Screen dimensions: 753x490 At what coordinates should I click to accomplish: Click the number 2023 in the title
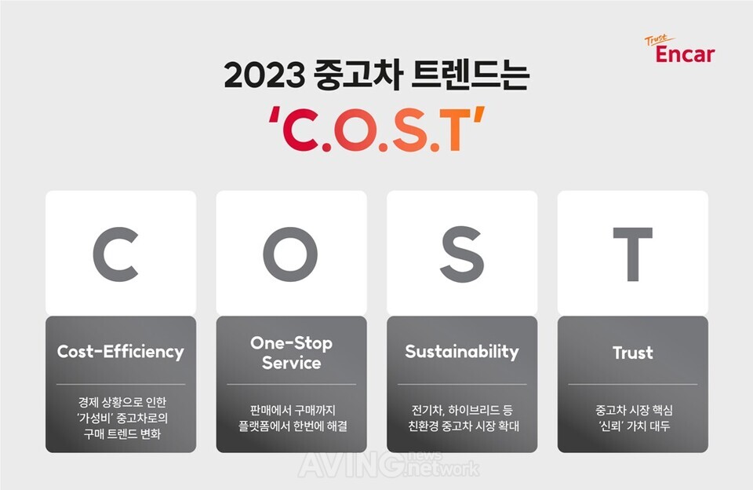click(264, 75)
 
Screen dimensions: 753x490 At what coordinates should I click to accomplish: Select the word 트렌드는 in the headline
click(470, 75)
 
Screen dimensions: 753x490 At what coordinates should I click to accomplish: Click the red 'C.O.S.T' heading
click(376, 129)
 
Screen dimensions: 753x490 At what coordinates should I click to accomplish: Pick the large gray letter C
click(116, 254)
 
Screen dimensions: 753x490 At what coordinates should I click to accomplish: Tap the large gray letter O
click(290, 254)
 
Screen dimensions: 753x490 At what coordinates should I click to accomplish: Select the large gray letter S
click(462, 254)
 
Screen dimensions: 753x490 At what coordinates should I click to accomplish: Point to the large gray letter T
click(633, 254)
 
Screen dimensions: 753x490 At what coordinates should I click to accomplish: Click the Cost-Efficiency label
click(121, 352)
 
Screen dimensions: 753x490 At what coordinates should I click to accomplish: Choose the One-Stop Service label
click(292, 353)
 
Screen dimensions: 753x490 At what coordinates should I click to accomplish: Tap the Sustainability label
click(462, 352)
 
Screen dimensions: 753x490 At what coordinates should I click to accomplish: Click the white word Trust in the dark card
click(633, 353)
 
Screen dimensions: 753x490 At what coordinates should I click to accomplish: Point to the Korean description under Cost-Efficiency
click(122, 418)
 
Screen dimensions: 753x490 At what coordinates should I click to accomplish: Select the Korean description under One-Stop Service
click(293, 418)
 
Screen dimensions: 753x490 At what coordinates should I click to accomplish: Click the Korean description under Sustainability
click(463, 418)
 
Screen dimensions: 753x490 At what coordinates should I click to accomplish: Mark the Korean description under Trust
click(634, 418)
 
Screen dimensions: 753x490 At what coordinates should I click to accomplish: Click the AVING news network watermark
click(388, 465)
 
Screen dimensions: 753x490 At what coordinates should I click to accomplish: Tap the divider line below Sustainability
click(462, 384)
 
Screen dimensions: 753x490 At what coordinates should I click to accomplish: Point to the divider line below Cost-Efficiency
click(121, 384)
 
